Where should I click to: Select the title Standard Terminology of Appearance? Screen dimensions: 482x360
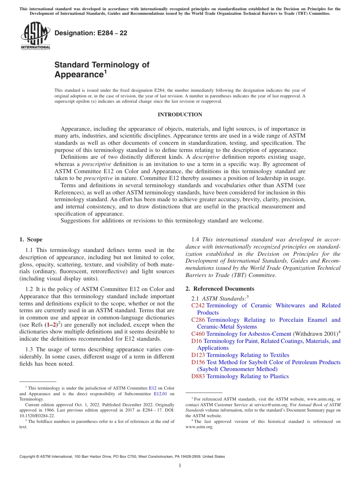click(x=102, y=69)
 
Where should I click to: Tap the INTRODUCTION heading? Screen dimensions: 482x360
click(x=180, y=114)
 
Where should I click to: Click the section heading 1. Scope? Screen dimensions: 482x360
click(x=31, y=239)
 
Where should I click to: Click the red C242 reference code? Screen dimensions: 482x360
click(x=198, y=305)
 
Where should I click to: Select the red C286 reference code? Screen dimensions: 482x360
click(x=198, y=320)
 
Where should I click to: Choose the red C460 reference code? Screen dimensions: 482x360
click(x=198, y=334)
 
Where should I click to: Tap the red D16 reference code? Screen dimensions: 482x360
click(x=197, y=341)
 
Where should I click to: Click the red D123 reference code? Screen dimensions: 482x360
click(x=198, y=355)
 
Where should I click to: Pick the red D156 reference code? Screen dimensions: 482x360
click(x=198, y=362)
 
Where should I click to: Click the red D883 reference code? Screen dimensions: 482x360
click(x=198, y=376)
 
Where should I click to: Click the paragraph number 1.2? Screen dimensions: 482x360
click(x=30, y=289)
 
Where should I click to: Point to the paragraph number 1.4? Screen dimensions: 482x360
click(x=196, y=239)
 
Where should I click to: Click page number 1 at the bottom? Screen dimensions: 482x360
click(x=180, y=466)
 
